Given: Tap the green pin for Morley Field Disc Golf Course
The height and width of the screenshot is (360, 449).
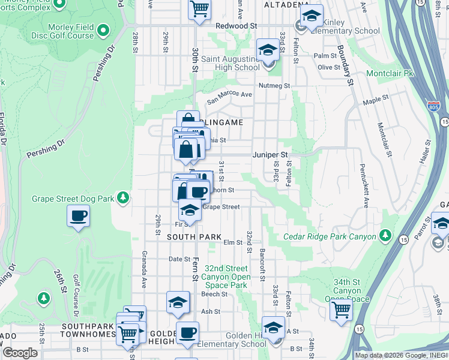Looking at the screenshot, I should pyautogui.click(x=103, y=29).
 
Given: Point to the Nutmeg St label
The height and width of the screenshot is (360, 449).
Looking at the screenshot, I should pyautogui.click(x=275, y=86).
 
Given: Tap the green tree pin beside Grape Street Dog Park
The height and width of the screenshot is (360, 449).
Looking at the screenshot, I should pyautogui.click(x=123, y=197).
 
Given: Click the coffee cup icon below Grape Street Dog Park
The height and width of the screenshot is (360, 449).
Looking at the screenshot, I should pyautogui.click(x=79, y=216).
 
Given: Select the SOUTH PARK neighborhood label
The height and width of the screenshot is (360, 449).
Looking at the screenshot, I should pyautogui.click(x=187, y=237).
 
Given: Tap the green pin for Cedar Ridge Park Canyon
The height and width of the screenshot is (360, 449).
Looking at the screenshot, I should pyautogui.click(x=385, y=235).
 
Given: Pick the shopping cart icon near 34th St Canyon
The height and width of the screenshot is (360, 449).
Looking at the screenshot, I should pyautogui.click(x=341, y=311).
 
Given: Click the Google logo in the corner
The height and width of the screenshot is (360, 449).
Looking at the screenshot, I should pyautogui.click(x=19, y=353).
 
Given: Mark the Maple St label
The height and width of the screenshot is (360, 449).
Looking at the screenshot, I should pyautogui.click(x=376, y=103).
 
